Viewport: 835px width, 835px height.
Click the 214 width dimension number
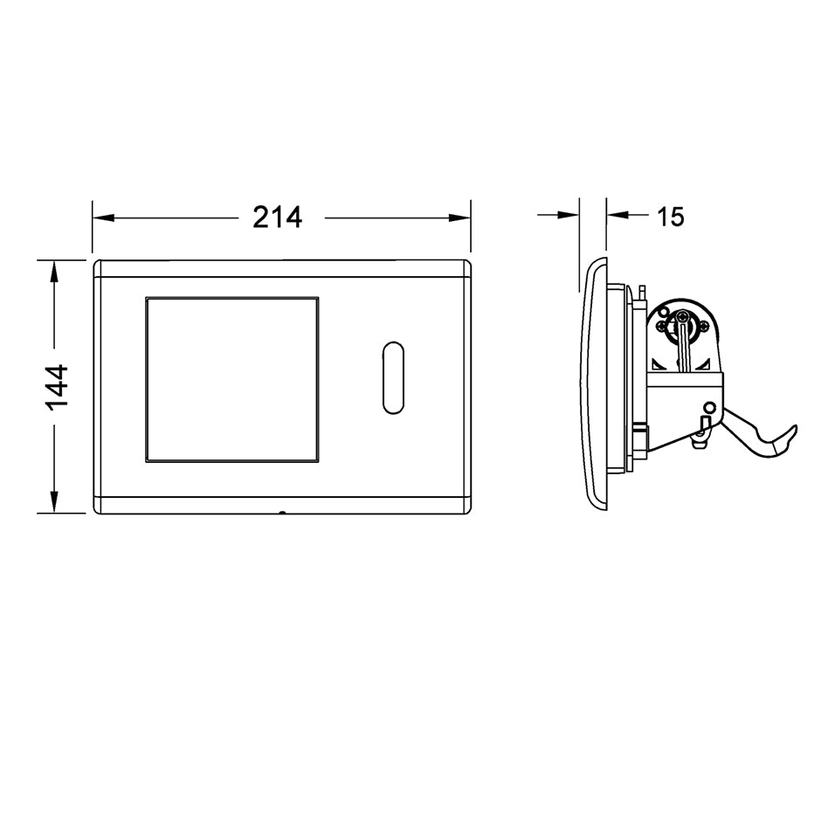point(277,217)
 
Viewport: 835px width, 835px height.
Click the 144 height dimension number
point(57,387)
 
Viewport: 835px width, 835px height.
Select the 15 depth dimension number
point(670,217)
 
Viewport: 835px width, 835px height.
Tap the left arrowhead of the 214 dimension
point(104,217)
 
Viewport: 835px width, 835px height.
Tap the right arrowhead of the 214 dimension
point(459,217)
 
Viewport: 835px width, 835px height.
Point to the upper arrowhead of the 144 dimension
point(53,272)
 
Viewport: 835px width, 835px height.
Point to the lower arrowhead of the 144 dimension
point(53,501)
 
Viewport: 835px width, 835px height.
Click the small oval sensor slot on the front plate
point(393,377)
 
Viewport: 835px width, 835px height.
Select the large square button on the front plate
point(232,380)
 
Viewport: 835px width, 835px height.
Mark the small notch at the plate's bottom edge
point(282,514)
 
